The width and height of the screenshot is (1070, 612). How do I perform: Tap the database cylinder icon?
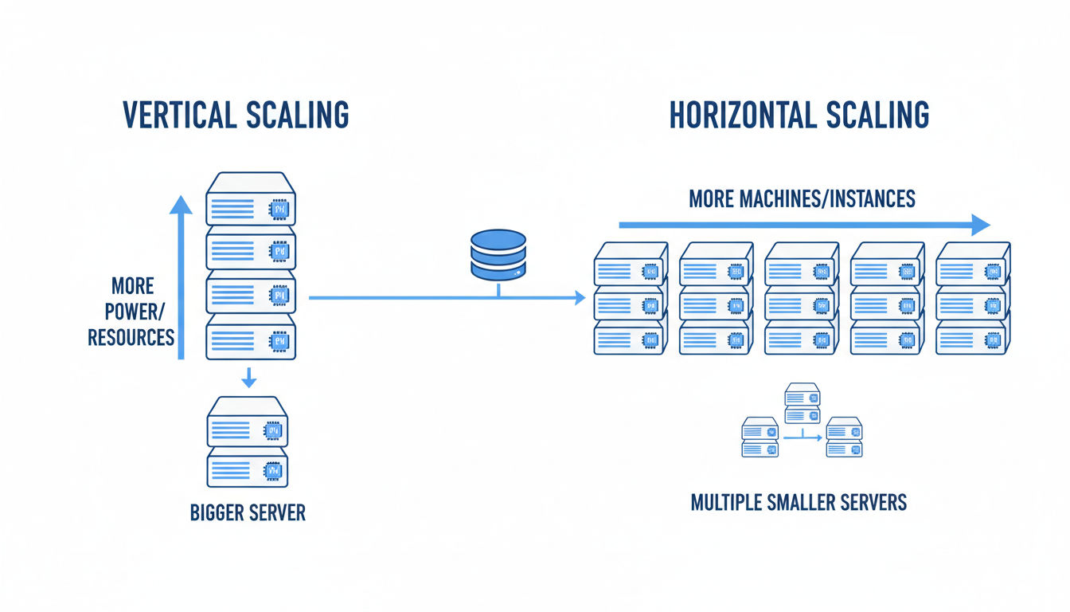click(498, 254)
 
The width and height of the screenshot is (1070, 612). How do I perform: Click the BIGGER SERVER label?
click(248, 512)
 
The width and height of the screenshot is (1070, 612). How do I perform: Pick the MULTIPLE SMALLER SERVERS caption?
click(799, 503)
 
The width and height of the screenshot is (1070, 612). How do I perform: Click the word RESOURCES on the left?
click(131, 337)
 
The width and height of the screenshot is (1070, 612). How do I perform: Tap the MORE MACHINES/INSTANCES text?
click(802, 198)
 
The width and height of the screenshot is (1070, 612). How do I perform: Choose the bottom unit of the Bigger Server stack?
click(248, 467)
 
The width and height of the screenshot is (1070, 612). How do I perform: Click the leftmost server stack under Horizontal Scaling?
click(629, 299)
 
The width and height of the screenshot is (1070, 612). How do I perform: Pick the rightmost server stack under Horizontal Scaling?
click(972, 299)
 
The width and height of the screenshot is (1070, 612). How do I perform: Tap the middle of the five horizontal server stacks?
click(801, 299)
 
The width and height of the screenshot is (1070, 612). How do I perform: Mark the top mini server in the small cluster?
click(802, 403)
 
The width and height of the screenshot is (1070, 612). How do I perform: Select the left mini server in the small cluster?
click(760, 437)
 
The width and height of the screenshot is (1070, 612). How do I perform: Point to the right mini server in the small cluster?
click(845, 437)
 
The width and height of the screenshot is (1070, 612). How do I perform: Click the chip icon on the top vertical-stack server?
click(279, 210)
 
